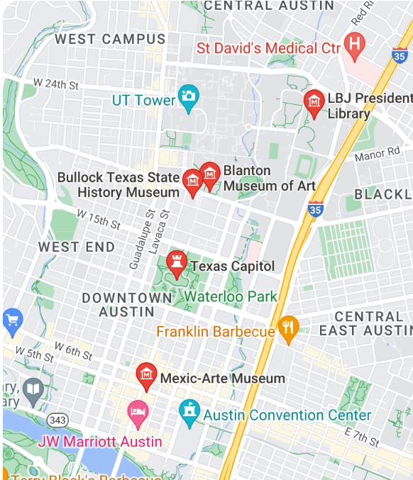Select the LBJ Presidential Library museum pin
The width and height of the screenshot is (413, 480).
point(314,103)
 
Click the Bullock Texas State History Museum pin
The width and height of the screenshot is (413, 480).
point(192,182)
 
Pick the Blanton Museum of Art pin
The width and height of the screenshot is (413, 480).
point(210,173)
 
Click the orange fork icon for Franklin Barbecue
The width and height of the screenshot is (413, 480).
point(288,328)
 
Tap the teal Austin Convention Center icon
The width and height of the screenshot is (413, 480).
point(189,413)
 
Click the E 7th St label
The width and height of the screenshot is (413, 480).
point(361,436)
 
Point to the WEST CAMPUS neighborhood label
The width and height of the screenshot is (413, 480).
point(110,39)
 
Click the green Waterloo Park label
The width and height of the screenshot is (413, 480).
point(231,296)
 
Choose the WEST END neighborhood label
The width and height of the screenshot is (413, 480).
point(76,247)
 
